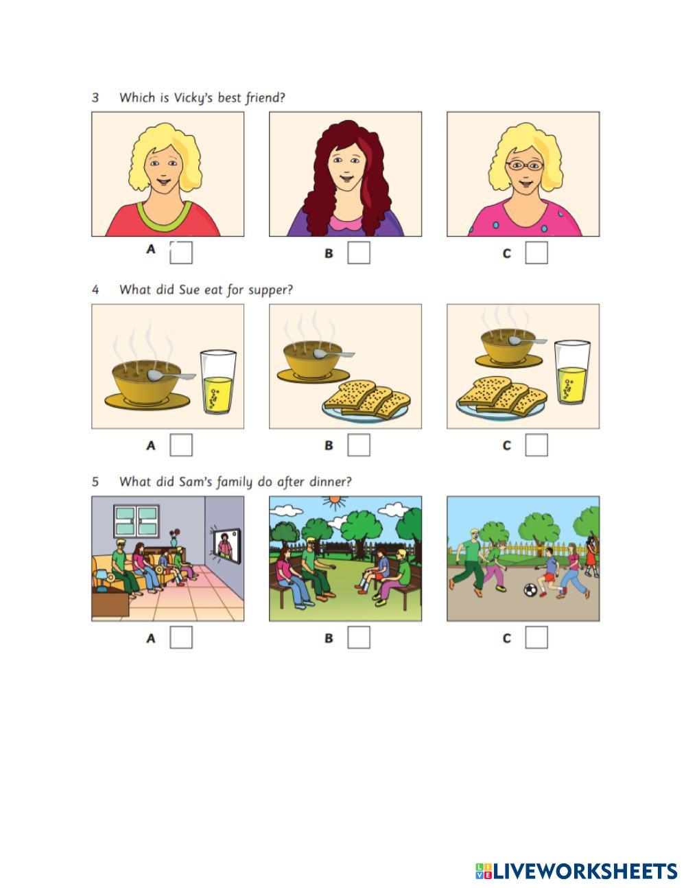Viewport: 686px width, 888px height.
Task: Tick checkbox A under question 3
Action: [181, 253]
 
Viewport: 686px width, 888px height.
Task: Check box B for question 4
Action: [359, 445]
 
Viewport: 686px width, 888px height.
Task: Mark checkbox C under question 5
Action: [536, 637]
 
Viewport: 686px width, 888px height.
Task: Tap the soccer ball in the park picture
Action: [530, 589]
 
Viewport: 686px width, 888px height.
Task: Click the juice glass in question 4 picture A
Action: [218, 382]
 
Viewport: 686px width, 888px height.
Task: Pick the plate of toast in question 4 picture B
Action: [367, 401]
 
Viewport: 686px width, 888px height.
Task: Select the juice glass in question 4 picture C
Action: [572, 372]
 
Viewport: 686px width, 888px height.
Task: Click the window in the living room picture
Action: [136, 522]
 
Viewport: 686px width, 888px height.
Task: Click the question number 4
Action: [95, 290]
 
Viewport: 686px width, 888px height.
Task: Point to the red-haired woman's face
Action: [346, 167]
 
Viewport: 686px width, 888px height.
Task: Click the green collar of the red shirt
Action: [164, 217]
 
